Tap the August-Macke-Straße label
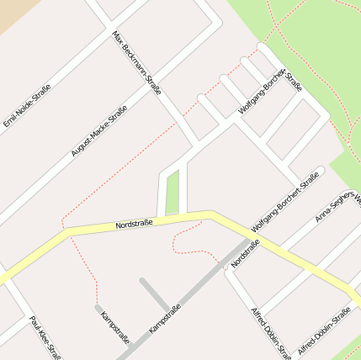click(x=99, y=131)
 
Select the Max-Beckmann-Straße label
click(x=136, y=62)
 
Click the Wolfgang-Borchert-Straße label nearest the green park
click(x=270, y=92)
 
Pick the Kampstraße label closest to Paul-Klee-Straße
click(x=114, y=328)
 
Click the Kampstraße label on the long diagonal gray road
click(x=164, y=319)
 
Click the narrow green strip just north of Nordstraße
click(x=173, y=193)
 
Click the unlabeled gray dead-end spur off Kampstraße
click(x=155, y=294)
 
